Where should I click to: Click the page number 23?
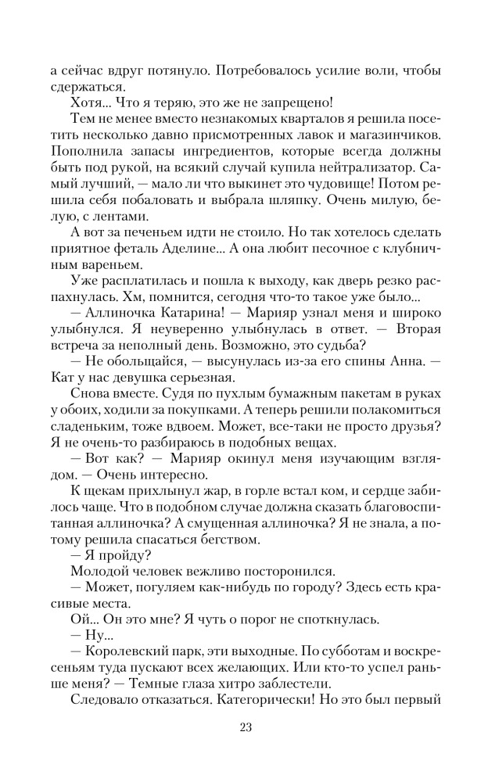[244, 729]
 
